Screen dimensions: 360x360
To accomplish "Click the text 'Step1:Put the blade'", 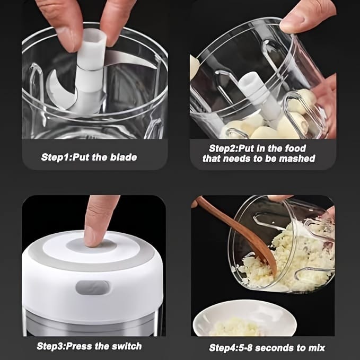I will pyautogui.click(x=89, y=157).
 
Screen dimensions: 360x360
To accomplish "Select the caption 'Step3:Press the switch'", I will pyautogui.click(x=89, y=346).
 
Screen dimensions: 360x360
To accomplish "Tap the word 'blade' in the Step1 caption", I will pyautogui.click(x=123, y=157).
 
